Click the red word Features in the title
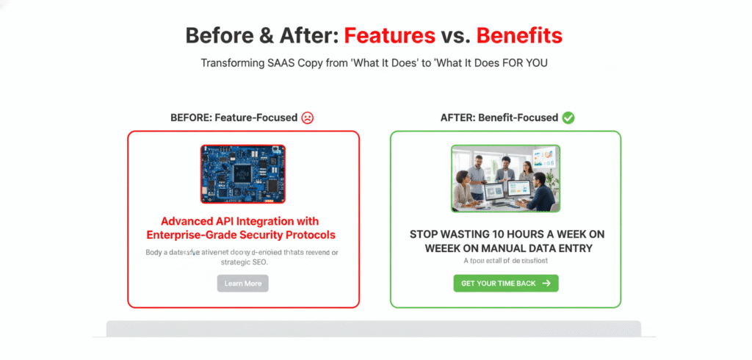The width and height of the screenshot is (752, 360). (388, 35)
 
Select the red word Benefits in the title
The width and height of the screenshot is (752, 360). (519, 35)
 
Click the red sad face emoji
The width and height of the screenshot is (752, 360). (308, 118)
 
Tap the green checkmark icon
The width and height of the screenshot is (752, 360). (568, 118)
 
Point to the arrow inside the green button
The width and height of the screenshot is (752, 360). (546, 283)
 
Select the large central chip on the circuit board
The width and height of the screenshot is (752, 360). (243, 173)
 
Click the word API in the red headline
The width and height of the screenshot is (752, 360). (229, 221)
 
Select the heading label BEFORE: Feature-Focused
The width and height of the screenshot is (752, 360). (234, 118)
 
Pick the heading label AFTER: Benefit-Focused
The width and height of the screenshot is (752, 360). (499, 118)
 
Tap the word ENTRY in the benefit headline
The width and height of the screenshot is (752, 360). (574, 248)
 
